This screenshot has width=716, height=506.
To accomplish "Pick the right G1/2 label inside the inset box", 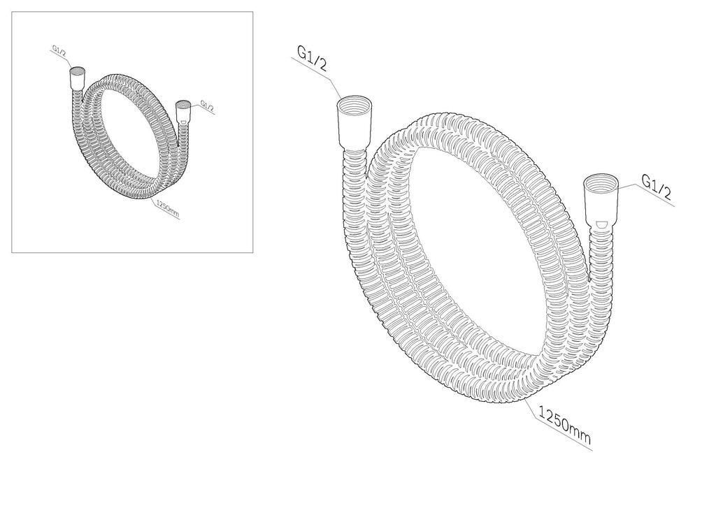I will point(207,106).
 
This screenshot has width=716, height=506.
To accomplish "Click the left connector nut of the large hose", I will point(356,126).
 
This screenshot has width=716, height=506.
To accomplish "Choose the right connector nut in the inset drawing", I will point(183,113).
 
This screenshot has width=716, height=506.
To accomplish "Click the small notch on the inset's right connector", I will point(183,121).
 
